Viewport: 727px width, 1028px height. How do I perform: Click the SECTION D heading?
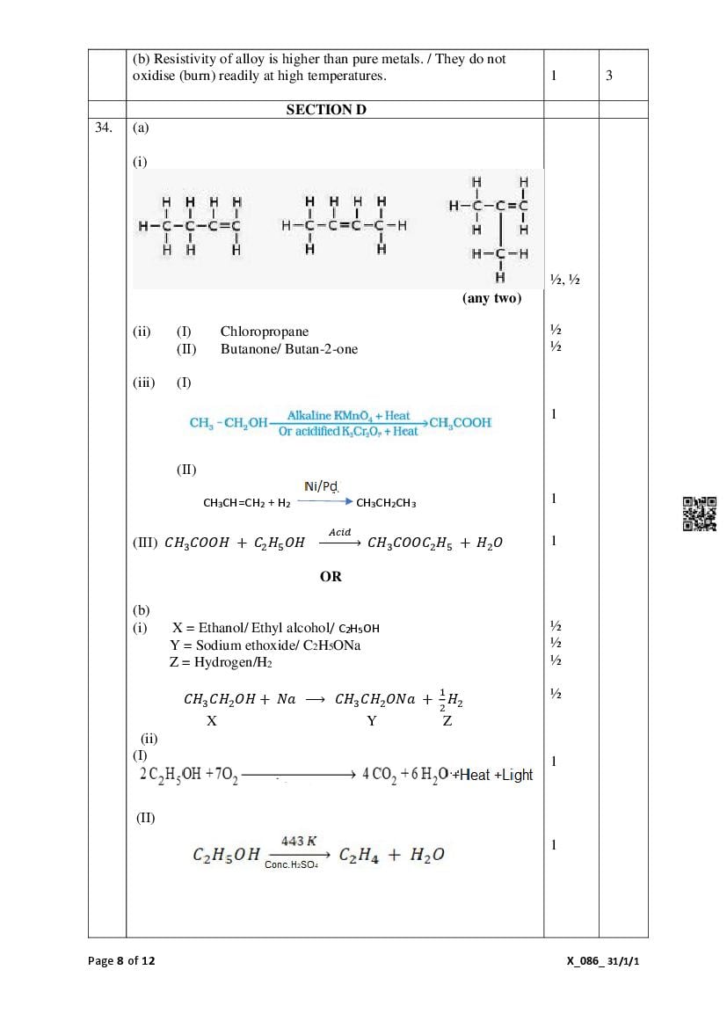pyautogui.click(x=326, y=110)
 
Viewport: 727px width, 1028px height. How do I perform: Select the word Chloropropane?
pyautogui.click(x=265, y=332)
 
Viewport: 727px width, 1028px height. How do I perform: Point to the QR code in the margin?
pyautogui.click(x=700, y=514)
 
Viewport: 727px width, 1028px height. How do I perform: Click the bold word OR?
pyautogui.click(x=331, y=577)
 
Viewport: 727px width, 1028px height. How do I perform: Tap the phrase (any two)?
pyautogui.click(x=491, y=298)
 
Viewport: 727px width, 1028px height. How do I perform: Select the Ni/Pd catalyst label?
pyautogui.click(x=322, y=486)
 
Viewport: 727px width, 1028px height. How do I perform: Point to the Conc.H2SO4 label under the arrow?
pyautogui.click(x=291, y=865)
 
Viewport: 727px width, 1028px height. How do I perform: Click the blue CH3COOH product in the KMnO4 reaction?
pyautogui.click(x=461, y=423)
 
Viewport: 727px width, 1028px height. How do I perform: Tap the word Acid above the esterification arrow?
pyautogui.click(x=339, y=532)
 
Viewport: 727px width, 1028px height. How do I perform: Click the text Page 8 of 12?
pyautogui.click(x=121, y=961)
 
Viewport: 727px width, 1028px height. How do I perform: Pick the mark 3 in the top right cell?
pyautogui.click(x=609, y=76)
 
